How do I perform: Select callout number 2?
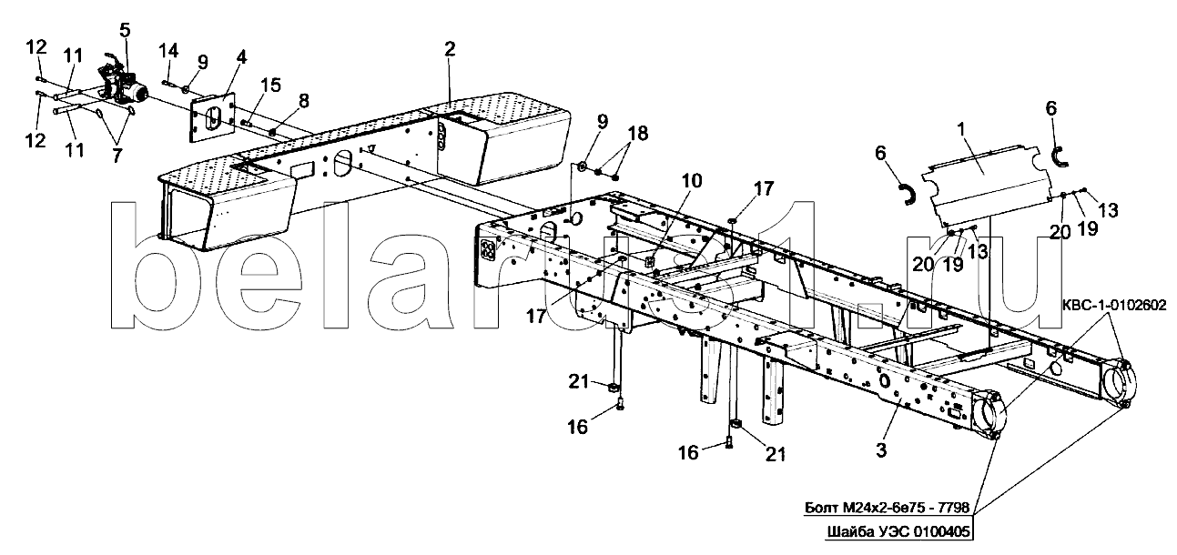pyautogui.click(x=450, y=49)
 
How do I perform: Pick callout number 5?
pyautogui.click(x=125, y=28)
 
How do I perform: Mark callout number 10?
pyautogui.click(x=693, y=181)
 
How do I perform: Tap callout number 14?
pyautogui.click(x=168, y=50)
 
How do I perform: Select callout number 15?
pyautogui.click(x=270, y=85)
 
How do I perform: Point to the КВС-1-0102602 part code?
pyautogui.click(x=1114, y=305)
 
